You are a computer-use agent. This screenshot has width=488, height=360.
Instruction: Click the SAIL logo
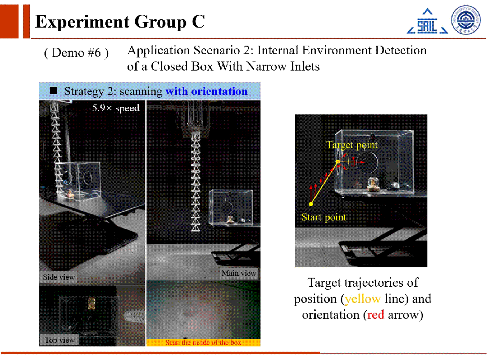[x=427, y=21]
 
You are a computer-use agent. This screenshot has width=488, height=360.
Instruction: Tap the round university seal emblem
[x=466, y=19]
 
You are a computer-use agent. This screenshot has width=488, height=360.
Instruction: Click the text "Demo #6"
[x=76, y=53]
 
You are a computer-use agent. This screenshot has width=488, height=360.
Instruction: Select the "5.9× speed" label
[x=115, y=108]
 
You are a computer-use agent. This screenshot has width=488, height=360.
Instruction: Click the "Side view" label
[x=59, y=277]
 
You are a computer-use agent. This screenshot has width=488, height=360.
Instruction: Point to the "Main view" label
[x=239, y=273]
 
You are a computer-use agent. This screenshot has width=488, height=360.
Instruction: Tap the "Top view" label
[x=59, y=340]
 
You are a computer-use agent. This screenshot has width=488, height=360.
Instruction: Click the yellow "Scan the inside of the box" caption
[x=203, y=342]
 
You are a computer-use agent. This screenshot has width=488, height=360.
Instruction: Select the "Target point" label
[x=352, y=145]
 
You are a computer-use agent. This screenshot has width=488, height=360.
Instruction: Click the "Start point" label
[x=324, y=217]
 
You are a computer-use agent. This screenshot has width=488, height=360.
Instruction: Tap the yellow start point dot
[x=311, y=204]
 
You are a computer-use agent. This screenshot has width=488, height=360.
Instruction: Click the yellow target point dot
[x=338, y=162]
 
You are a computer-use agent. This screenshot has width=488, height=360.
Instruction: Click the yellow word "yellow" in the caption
[x=363, y=298]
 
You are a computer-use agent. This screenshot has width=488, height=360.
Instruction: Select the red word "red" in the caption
[x=376, y=315]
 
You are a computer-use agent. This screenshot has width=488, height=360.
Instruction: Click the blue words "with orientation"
[x=207, y=91]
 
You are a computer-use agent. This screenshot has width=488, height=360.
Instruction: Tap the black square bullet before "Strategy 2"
[x=53, y=90]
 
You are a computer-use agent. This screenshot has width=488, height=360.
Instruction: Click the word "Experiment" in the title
[x=82, y=22]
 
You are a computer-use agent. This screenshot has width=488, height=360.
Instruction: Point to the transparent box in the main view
[x=231, y=207]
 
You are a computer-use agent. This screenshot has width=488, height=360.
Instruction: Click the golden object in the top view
[x=91, y=303]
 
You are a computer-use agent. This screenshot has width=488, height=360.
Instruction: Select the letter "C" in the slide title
[x=198, y=21]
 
